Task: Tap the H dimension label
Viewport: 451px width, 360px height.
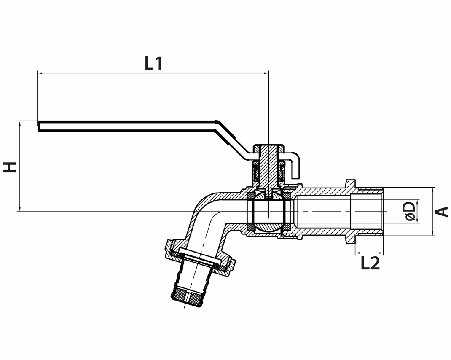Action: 10,167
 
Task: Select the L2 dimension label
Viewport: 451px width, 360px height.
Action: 370,263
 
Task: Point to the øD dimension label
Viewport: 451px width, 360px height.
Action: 410,211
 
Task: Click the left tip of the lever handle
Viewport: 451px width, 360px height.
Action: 38,126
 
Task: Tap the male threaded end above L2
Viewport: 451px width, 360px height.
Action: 370,212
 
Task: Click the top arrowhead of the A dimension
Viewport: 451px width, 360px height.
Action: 432,190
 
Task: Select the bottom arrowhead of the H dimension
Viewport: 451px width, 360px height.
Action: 20,209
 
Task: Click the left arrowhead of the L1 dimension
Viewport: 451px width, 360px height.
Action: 40,73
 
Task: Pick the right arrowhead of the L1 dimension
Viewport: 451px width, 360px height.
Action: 266,73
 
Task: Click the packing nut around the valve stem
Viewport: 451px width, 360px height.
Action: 268,173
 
